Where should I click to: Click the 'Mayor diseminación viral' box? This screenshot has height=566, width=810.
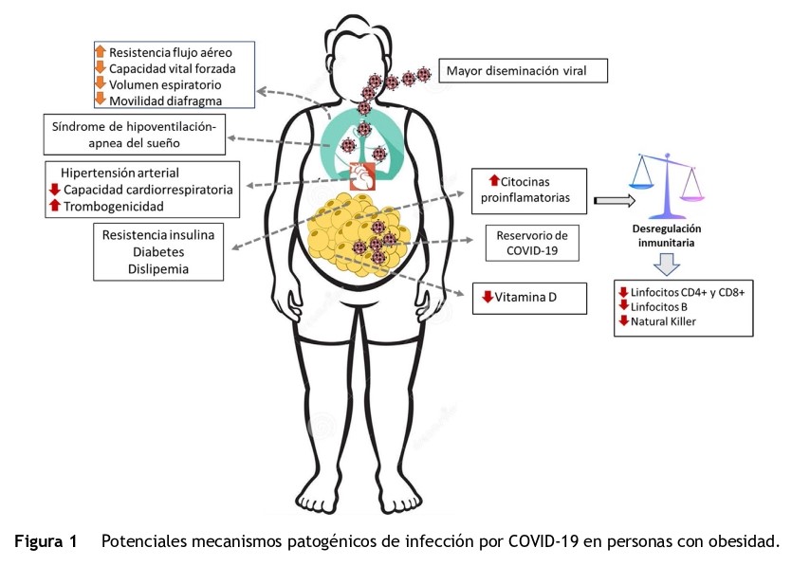click(x=523, y=71)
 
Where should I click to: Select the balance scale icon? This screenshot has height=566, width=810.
click(x=667, y=186)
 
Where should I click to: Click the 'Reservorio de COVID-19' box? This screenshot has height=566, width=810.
click(x=532, y=243)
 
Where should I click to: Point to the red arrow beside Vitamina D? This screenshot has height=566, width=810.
click(x=488, y=297)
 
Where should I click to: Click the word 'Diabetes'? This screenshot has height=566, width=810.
click(x=158, y=252)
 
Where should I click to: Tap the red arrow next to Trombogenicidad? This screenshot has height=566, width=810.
click(x=55, y=205)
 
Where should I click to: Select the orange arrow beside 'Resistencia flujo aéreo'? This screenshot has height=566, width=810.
click(x=101, y=51)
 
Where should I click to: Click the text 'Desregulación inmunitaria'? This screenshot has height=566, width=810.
click(x=667, y=235)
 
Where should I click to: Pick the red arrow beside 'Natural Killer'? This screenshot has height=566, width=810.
click(x=623, y=320)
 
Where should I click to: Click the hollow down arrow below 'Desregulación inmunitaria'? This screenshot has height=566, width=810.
click(x=667, y=264)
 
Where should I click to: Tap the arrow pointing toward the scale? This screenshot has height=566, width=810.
click(x=615, y=200)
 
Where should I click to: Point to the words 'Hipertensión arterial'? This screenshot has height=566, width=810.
click(x=120, y=173)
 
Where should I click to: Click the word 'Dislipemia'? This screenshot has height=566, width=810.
click(x=158, y=269)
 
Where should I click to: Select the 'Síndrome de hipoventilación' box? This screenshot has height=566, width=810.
click(x=135, y=135)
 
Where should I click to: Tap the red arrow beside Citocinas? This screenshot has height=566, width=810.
click(x=494, y=180)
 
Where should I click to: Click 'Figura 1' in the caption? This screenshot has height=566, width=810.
click(x=46, y=541)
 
